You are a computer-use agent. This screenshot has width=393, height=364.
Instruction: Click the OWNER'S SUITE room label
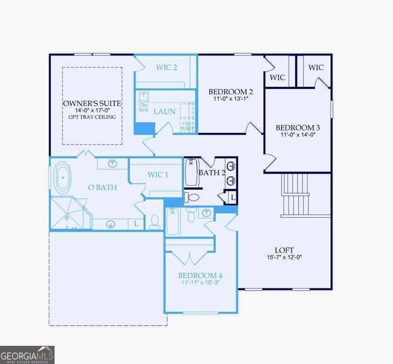click(x=92, y=103)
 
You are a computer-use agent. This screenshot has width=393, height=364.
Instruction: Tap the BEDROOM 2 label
click(x=230, y=91)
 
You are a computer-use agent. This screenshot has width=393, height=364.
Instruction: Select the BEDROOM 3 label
click(x=297, y=128)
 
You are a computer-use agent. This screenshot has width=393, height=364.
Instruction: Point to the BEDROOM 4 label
click(x=197, y=275)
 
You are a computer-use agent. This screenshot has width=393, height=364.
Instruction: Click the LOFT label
click(x=284, y=250)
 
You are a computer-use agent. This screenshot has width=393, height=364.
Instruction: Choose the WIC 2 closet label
click(x=166, y=68)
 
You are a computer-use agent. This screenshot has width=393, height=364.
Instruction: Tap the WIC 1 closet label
click(x=158, y=175)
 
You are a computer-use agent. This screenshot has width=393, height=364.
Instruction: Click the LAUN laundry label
click(x=165, y=111)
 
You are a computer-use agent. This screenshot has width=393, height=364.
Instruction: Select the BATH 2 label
click(x=212, y=173)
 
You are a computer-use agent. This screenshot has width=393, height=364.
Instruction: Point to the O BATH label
click(x=102, y=187)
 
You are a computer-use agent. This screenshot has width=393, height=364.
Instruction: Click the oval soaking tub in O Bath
click(x=62, y=178)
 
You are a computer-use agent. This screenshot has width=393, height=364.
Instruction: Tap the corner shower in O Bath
click(x=68, y=213)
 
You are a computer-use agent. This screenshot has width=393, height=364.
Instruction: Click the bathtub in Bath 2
click(x=192, y=172)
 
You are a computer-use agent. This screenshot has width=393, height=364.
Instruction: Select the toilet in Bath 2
click(x=192, y=197)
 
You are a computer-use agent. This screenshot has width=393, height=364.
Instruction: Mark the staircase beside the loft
click(x=296, y=195)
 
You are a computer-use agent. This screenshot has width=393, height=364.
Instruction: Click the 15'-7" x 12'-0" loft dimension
click(x=284, y=257)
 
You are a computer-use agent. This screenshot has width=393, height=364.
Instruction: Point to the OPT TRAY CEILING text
click(x=92, y=117)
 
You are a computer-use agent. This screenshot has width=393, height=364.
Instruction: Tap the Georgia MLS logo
click(x=27, y=355)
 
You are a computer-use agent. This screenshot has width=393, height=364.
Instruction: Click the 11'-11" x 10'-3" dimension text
click(x=197, y=282)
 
